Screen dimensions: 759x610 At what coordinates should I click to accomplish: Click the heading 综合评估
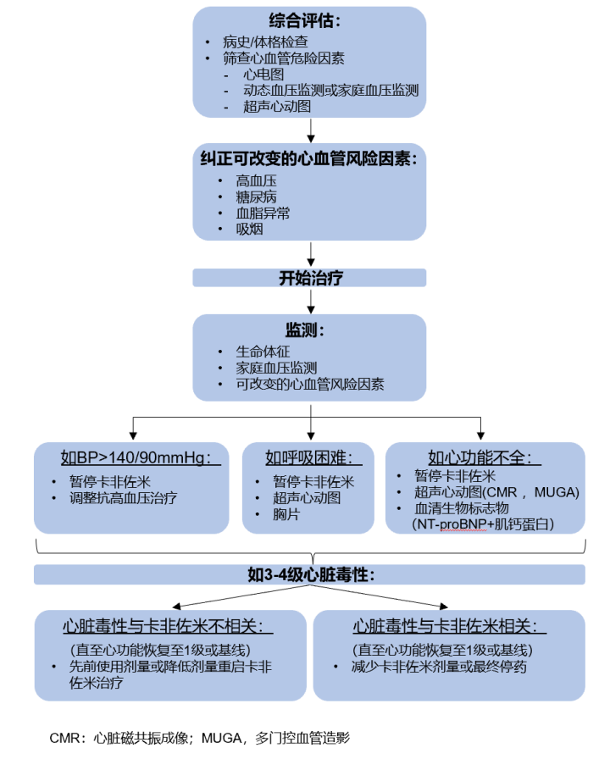(x=311, y=20)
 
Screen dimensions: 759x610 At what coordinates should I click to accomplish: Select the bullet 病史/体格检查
(x=265, y=42)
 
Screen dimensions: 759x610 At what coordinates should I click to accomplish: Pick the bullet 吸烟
(x=250, y=230)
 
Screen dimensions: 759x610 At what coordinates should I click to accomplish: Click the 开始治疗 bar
(x=310, y=278)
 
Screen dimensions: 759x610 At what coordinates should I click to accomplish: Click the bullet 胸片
(x=286, y=514)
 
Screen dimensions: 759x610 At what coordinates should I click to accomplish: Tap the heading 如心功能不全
(x=484, y=458)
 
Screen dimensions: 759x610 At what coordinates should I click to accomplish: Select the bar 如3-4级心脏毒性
(x=310, y=575)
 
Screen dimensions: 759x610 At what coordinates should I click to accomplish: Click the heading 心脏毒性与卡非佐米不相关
(x=168, y=627)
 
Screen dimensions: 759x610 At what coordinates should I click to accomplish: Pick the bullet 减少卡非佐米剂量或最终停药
(x=440, y=667)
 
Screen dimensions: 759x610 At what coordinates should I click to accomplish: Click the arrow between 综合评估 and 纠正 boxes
(x=312, y=130)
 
